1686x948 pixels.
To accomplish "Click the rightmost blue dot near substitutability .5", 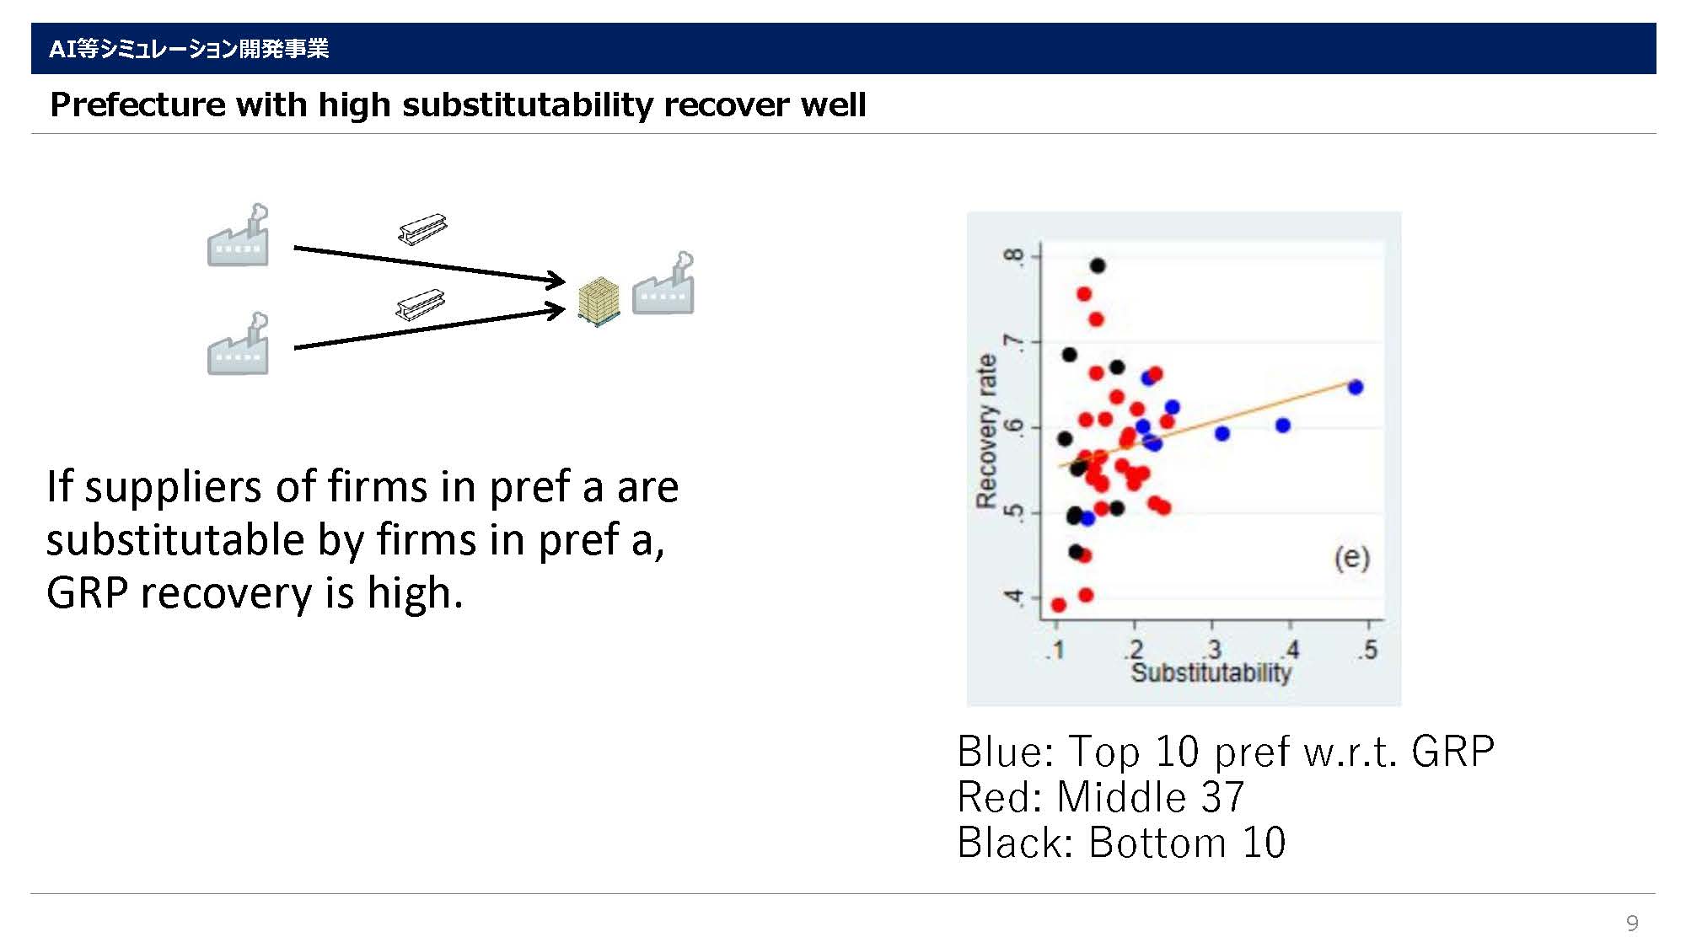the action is click(1356, 388).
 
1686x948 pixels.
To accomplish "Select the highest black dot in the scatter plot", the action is click(1098, 265).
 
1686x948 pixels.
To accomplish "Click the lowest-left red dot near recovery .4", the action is click(1059, 605).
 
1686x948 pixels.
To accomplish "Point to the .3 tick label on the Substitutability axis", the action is click(1212, 650).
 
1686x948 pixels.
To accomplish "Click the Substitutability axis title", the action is click(1211, 672).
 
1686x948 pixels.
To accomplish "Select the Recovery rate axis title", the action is click(986, 431).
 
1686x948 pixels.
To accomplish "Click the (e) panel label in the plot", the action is click(1351, 558).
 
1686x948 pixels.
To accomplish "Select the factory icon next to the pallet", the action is click(663, 283).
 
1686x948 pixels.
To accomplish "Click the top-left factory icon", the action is click(239, 235).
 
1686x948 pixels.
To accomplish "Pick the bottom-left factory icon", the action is click(239, 344).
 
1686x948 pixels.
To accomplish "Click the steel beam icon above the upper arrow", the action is click(422, 228).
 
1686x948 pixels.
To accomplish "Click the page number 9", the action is click(1632, 923).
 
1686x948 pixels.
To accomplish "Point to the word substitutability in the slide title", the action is click(527, 104).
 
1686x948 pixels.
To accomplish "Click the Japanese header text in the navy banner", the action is click(189, 49).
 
